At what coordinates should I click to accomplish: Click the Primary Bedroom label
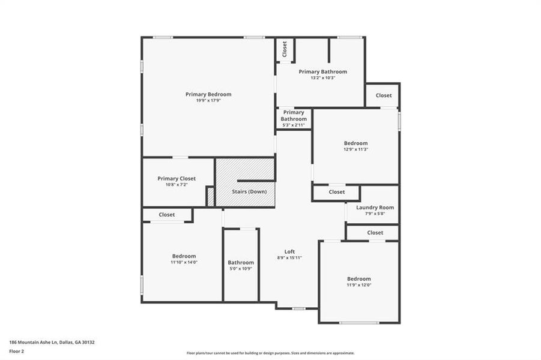click(x=208, y=94)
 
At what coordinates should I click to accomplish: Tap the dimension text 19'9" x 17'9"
click(x=208, y=101)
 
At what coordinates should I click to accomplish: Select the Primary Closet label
click(x=177, y=178)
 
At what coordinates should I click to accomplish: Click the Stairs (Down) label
click(x=250, y=191)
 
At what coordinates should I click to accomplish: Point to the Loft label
click(x=289, y=251)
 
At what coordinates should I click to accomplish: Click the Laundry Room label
click(x=375, y=208)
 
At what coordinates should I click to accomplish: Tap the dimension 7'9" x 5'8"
click(x=375, y=214)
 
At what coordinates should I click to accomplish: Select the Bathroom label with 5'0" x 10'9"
click(x=241, y=262)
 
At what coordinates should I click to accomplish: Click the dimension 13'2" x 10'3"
click(x=323, y=78)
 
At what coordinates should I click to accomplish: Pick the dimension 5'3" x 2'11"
click(x=294, y=125)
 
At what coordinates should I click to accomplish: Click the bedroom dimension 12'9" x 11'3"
click(x=355, y=149)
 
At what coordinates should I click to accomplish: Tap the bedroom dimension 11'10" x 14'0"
click(x=184, y=262)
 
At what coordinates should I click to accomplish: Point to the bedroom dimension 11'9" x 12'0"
click(x=358, y=285)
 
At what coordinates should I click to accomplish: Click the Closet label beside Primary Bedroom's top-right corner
click(x=285, y=49)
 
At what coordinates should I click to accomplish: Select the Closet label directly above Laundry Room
click(x=337, y=192)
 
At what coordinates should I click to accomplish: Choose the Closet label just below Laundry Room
click(x=375, y=232)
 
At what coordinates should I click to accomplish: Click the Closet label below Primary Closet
click(x=167, y=214)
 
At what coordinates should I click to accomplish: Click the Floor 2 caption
click(x=17, y=352)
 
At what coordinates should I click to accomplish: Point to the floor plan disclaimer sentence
click(x=270, y=353)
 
